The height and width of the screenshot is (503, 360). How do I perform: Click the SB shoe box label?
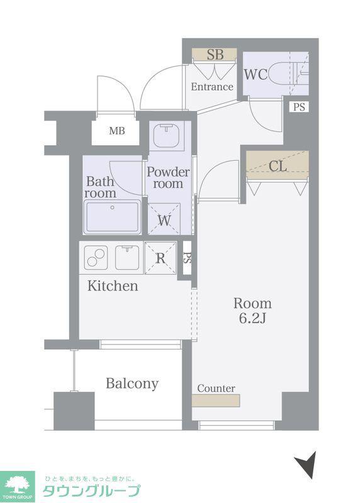[x=215, y=55]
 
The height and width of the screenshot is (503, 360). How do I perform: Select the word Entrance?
[x=212, y=87]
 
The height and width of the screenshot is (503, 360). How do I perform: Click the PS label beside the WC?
[x=299, y=107]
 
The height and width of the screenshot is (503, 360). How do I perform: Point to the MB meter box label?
[x=117, y=131]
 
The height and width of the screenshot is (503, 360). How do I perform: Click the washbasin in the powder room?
[x=166, y=135]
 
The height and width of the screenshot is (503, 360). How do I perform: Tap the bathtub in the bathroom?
[x=113, y=216]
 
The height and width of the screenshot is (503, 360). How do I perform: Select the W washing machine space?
[x=164, y=219]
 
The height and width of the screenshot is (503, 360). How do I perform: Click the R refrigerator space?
[x=160, y=258]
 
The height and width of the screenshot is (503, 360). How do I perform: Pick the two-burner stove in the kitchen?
[x=96, y=258]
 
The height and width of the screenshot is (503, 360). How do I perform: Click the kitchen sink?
[x=128, y=258]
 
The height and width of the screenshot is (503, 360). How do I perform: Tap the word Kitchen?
[x=113, y=286]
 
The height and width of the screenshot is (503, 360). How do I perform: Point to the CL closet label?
[x=278, y=166]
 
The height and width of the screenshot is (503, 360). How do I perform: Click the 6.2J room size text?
[x=252, y=318]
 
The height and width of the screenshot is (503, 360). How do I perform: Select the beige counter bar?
[x=216, y=401]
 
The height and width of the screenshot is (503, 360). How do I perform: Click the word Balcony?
[x=132, y=384]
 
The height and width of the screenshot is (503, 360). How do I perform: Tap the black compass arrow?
[x=307, y=465]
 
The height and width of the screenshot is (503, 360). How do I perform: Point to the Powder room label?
[x=168, y=178]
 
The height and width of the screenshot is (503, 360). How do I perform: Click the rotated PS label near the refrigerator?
[x=187, y=258]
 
